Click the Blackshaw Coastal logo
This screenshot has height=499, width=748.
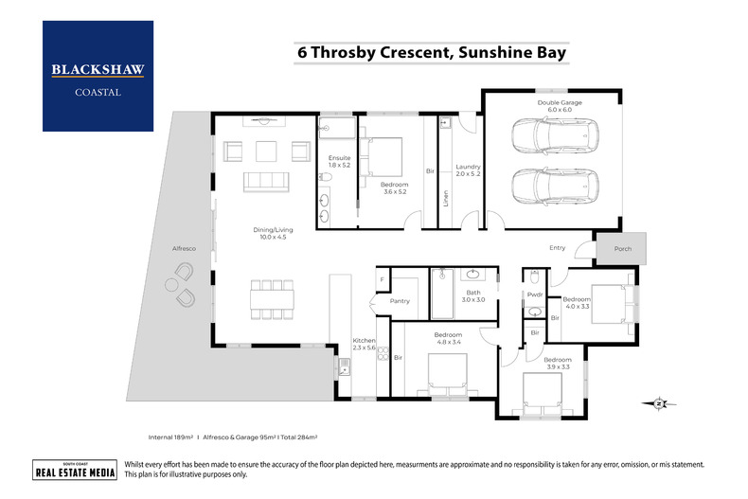pyautogui.click(x=98, y=76)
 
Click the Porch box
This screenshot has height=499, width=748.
pyautogui.click(x=621, y=248)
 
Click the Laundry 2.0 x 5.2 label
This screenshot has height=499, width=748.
pyautogui.click(x=468, y=169)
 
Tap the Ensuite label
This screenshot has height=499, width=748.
pyautogui.click(x=339, y=161)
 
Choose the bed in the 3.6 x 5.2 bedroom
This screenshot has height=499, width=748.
pyautogui.click(x=383, y=155)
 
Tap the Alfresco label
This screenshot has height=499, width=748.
pyautogui.click(x=183, y=248)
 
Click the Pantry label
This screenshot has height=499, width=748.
pyautogui.click(x=400, y=301)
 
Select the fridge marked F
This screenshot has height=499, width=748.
pyautogui.click(x=383, y=280)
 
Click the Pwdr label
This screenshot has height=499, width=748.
pyautogui.click(x=534, y=294)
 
